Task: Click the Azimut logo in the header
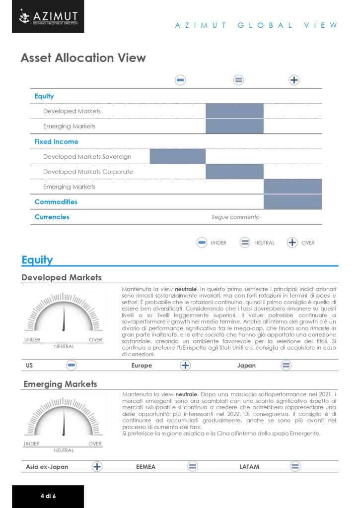point(48,17)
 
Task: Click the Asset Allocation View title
point(83,58)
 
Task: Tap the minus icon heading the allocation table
point(181,80)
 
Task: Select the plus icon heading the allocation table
point(294,80)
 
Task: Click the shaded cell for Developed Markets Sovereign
point(178,156)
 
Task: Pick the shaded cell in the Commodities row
point(292,202)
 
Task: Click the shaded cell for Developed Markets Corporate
point(234,172)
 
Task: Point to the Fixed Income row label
point(56,141)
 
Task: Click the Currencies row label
point(52,217)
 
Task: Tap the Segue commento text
point(235,217)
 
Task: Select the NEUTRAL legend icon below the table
point(245,243)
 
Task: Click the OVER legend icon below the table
point(292,243)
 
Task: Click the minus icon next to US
point(72,366)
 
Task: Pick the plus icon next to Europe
point(185,366)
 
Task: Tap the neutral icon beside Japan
point(286,366)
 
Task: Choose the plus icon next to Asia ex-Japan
point(97,466)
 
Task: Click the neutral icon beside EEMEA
point(193,466)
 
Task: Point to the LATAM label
point(249,467)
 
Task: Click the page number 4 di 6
point(48,496)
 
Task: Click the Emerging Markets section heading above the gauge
point(60,384)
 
